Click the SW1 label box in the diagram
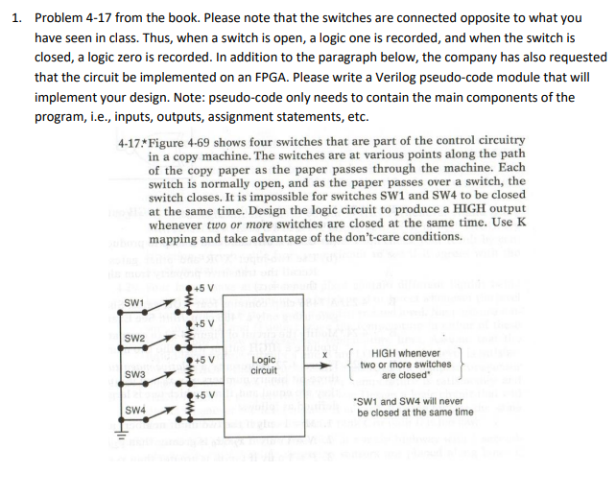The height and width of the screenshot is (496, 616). [x=135, y=303]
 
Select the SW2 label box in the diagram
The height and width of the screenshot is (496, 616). [x=135, y=339]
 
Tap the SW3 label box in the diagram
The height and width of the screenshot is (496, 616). [x=135, y=374]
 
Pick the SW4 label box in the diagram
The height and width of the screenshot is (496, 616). [x=135, y=410]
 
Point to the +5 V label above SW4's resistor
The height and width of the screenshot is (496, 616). [x=202, y=394]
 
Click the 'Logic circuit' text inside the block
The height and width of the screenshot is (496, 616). [x=264, y=365]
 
